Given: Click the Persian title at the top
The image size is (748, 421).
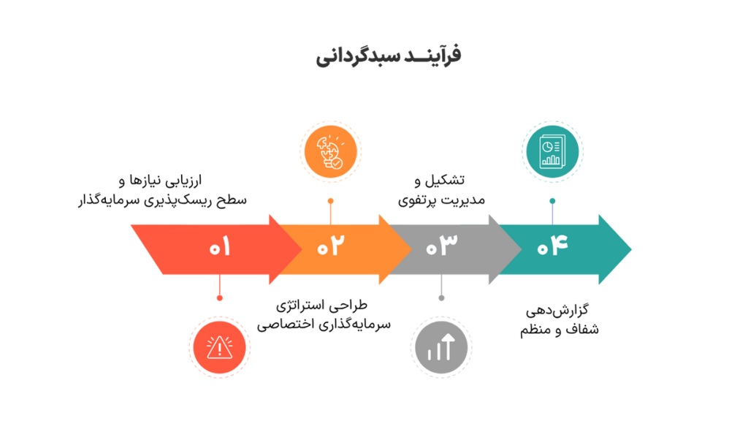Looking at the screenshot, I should click(389, 56).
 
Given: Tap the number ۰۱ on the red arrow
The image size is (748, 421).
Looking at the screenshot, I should click(219, 247).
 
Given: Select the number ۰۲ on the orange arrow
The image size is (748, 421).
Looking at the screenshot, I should click(329, 247).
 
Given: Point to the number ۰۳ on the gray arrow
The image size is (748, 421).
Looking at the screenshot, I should click(440, 247).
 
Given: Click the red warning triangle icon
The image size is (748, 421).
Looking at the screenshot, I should click(219, 347).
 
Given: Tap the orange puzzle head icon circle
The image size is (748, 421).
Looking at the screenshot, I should click(330, 151).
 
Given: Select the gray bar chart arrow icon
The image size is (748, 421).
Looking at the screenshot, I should click(440, 347).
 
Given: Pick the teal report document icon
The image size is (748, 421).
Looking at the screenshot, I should click(552, 151).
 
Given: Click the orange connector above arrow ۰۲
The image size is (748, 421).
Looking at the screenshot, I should click(330, 212).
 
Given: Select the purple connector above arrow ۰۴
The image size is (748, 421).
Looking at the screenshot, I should click(552, 212).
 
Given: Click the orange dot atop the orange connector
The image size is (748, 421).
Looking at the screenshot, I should click(330, 200).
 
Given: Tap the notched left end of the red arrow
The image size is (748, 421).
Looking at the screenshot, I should click(146, 249).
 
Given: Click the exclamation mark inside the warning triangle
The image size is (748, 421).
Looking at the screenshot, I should click(219, 349).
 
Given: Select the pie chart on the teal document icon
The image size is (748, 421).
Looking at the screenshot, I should click(547, 147).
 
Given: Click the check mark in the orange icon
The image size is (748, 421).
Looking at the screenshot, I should click(335, 164).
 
